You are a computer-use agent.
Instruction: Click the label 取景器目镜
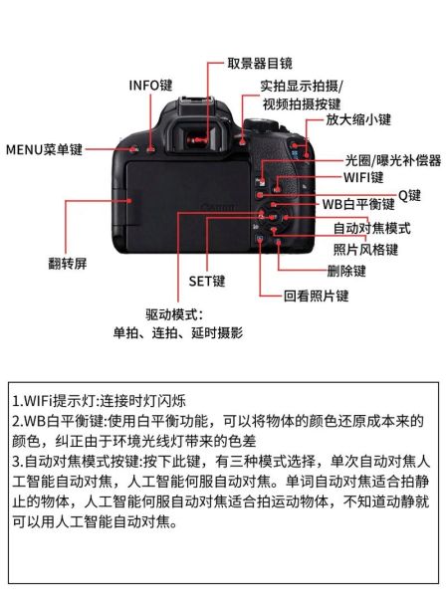tap(261, 64)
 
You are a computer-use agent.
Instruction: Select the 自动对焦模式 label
tap(371, 228)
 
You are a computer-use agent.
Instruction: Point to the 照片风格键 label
tap(365, 248)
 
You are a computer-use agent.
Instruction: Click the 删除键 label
tap(346, 271)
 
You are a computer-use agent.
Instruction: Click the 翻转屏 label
tap(68, 263)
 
